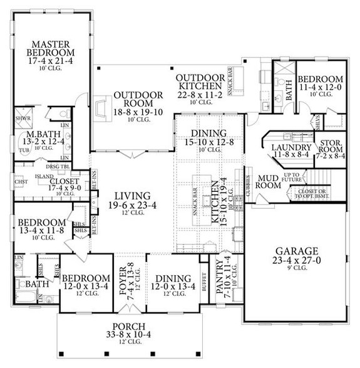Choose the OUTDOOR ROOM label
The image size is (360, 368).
click(138, 100)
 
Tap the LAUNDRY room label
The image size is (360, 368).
click(287, 147)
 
